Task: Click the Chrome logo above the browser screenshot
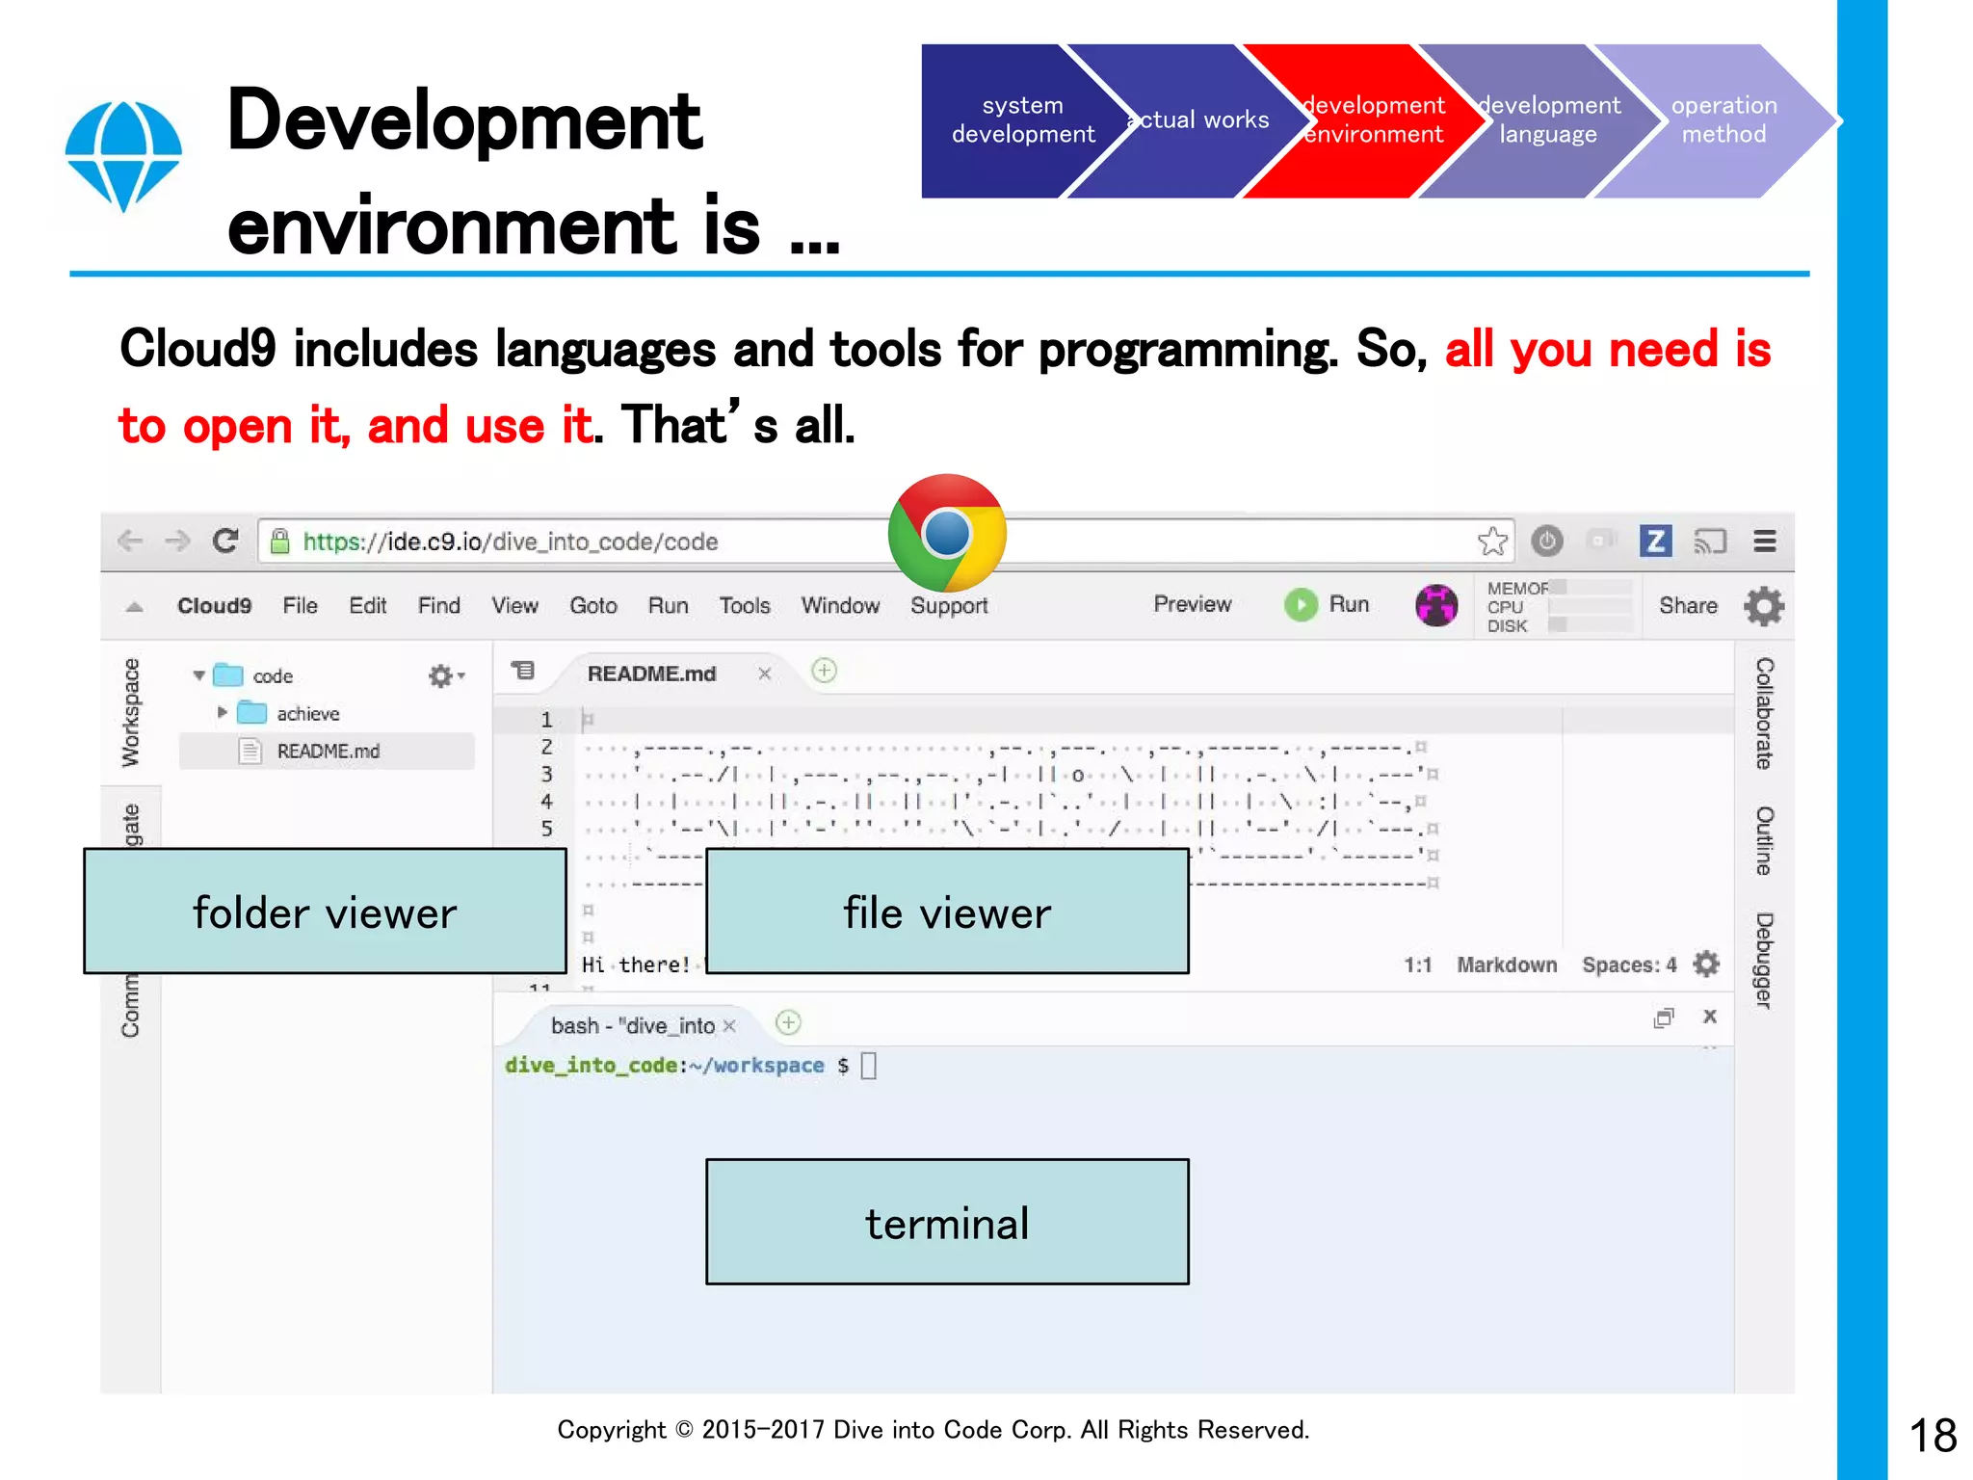(947, 533)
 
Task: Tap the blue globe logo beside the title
(123, 154)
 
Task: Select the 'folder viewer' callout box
(325, 912)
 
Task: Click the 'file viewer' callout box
(947, 912)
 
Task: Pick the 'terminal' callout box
(947, 1222)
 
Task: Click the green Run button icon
(1301, 605)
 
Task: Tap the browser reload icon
(225, 541)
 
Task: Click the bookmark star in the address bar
(1492, 542)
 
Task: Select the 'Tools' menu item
(745, 606)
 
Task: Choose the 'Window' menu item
(840, 606)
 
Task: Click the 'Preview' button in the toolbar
(1193, 604)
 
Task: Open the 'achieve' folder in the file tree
(307, 714)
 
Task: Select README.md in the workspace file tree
(328, 752)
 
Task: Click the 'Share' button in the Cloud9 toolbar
(1688, 606)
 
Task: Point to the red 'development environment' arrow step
(1373, 120)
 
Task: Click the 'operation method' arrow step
(1723, 120)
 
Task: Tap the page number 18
(1933, 1436)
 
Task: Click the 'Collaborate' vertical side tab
(1764, 713)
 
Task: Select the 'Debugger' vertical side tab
(1764, 960)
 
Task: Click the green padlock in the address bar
(280, 542)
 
